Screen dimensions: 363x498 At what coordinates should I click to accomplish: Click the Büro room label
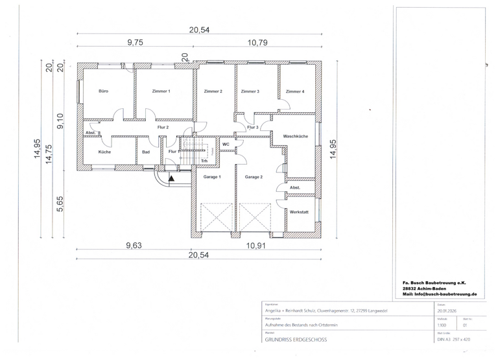tap(103, 91)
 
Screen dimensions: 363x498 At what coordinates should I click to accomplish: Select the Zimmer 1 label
tap(161, 91)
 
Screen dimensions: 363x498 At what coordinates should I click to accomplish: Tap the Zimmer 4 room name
tap(295, 91)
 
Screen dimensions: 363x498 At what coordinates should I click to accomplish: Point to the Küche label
tap(104, 152)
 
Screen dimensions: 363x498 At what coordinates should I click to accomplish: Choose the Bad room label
tap(147, 152)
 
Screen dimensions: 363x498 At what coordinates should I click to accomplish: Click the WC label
tap(226, 144)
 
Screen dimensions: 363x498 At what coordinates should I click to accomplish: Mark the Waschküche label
tap(295, 136)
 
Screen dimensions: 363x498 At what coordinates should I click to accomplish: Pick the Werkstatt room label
tap(299, 212)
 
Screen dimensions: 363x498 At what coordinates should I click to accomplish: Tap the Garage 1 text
tap(212, 176)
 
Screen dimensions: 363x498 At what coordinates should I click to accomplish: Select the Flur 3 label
tap(253, 128)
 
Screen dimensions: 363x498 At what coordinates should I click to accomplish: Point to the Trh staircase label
tap(204, 161)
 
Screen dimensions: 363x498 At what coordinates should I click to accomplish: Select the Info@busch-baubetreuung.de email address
tap(440, 294)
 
